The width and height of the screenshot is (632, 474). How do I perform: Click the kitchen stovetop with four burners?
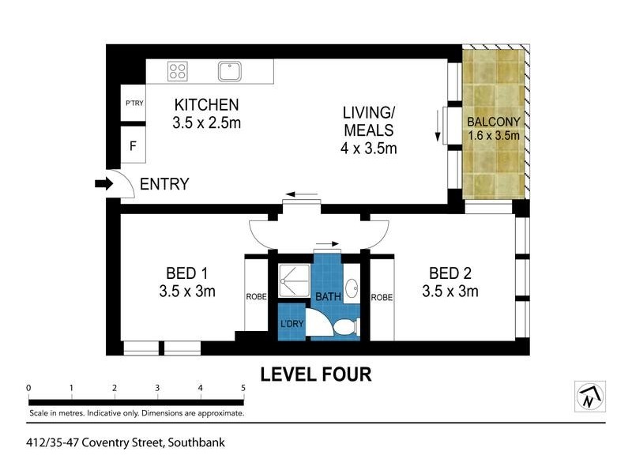177,72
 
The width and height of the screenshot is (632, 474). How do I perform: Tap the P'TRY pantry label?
133,104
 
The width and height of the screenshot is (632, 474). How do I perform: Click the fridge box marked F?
133,146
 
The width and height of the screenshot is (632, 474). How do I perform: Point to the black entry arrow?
103,184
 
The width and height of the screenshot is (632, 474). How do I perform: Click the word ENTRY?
164,185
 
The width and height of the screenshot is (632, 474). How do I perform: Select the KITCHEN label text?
206,105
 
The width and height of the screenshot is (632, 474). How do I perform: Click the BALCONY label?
493,122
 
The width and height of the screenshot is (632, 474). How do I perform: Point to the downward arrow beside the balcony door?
437,126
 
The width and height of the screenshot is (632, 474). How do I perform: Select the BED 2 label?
450,274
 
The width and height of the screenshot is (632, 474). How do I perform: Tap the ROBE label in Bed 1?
256,297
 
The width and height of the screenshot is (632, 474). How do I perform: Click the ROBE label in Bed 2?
382,297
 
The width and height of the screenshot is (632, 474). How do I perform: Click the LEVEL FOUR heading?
316,374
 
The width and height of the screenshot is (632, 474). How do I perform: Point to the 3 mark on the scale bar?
157,389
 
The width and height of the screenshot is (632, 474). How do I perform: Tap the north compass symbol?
589,396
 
